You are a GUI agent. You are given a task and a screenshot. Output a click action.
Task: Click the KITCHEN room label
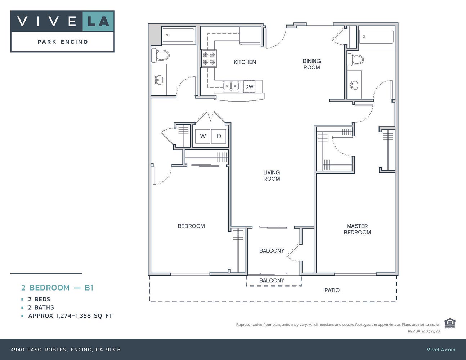coord(245,62)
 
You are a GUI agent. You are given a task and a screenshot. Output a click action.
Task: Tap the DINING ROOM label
coord(312,64)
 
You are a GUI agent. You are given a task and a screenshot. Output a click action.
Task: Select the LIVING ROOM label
coord(272,176)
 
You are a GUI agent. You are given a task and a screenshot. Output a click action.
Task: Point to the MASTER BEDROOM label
coord(357,229)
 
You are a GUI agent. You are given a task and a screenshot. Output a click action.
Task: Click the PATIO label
coord(332,290)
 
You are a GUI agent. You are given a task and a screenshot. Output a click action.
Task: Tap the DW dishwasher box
coord(249,86)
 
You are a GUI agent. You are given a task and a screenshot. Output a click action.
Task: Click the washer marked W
coord(203,136)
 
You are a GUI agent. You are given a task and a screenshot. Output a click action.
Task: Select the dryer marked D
coord(219,136)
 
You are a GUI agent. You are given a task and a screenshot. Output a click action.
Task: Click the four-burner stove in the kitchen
coord(209,59)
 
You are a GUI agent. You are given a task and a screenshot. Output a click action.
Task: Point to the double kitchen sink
coord(231,86)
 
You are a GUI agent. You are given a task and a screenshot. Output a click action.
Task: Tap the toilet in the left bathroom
coord(161,55)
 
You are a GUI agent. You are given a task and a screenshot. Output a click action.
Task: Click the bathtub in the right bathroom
coord(376,37)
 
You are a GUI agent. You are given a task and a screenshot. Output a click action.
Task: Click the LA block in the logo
coord(98,21)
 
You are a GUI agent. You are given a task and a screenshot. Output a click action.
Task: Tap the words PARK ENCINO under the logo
coord(63,42)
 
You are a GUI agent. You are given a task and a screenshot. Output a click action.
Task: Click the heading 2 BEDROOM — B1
coord(57,288)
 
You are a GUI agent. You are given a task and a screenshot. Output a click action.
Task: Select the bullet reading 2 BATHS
coord(41,307)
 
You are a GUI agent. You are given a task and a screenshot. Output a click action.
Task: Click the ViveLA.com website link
coord(441,349)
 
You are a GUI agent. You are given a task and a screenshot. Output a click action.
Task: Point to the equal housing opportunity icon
coord(449,323)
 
